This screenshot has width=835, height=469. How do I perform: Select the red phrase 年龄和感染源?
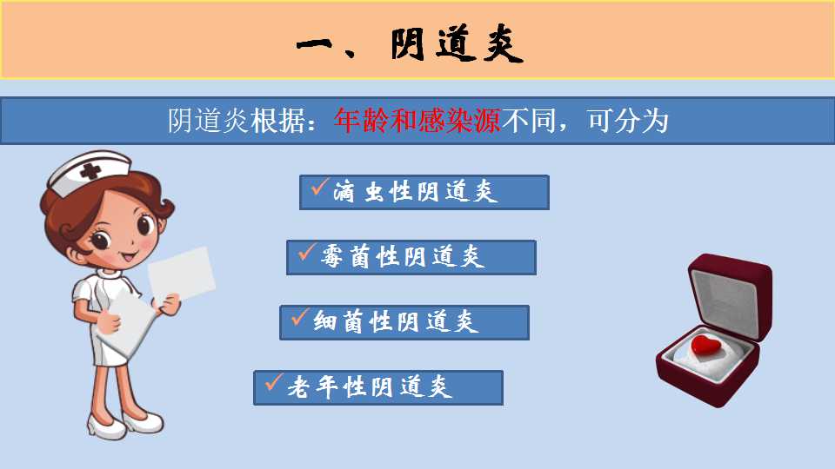[417, 121]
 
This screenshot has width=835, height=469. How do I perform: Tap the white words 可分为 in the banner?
[627, 121]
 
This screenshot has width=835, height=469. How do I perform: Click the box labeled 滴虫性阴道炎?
[424, 192]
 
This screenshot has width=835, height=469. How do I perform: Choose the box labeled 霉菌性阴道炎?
[411, 257]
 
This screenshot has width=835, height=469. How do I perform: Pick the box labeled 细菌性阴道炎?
[404, 322]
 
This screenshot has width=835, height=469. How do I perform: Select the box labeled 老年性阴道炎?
[378, 387]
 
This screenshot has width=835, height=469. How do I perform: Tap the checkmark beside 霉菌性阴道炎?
[307, 252]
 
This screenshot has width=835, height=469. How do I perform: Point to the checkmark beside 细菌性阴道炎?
[300, 316]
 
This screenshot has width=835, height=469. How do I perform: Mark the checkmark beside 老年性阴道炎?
[274, 382]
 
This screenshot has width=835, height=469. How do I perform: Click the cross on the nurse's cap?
[90, 171]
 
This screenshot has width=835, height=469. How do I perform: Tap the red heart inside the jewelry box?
[705, 345]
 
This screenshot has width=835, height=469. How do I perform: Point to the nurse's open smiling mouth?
[129, 257]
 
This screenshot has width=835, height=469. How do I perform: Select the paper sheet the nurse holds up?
[182, 274]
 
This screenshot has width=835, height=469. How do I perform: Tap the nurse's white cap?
[89, 173]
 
